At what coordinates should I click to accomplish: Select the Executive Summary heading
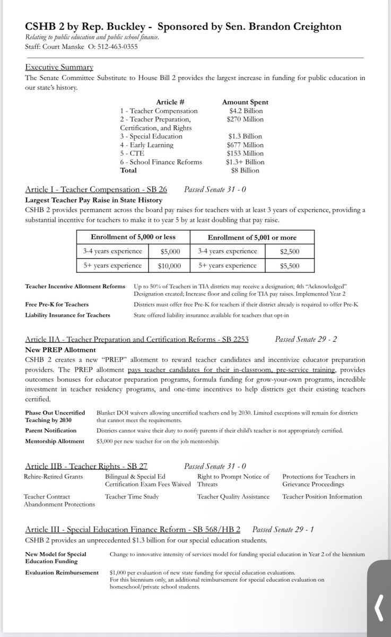tap(59, 67)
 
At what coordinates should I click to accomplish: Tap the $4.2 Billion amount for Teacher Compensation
tap(244, 111)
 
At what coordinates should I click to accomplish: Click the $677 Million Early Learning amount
tap(244, 145)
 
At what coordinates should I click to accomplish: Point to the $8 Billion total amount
tap(244, 170)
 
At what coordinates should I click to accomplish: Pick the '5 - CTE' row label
tap(135, 153)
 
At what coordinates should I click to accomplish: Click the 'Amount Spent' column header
tap(245, 102)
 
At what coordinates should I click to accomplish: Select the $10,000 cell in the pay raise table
tap(169, 265)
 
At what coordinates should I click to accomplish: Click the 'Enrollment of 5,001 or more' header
tap(252, 237)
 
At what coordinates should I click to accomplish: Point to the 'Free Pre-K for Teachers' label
tap(57, 304)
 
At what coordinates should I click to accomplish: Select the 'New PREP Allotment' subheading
tap(60, 350)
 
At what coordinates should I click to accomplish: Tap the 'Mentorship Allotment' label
tap(54, 441)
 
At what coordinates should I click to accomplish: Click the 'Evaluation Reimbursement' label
tap(61, 573)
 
